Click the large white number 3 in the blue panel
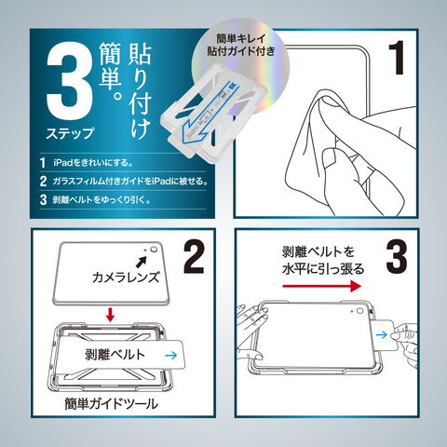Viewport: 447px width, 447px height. [70, 85]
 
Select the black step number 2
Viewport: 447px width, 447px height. [194, 258]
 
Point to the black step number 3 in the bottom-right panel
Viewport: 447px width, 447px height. [397, 257]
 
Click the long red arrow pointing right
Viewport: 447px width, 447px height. [322, 286]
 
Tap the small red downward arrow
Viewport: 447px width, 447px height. [110, 314]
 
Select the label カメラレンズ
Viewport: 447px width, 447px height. [126, 278]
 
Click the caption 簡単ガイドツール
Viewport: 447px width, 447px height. [112, 403]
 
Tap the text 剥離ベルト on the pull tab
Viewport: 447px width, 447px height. [115, 355]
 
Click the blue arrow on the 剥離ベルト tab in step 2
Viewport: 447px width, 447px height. [171, 356]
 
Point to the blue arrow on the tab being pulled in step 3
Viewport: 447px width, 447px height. [381, 334]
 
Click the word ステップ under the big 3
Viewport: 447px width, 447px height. [70, 134]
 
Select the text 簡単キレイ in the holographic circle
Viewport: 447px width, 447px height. [241, 39]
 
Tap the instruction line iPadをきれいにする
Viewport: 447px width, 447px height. [93, 162]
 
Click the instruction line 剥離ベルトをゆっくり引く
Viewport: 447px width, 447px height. [102, 199]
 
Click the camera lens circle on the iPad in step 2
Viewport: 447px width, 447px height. [154, 250]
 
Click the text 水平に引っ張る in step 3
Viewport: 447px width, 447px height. [323, 269]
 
